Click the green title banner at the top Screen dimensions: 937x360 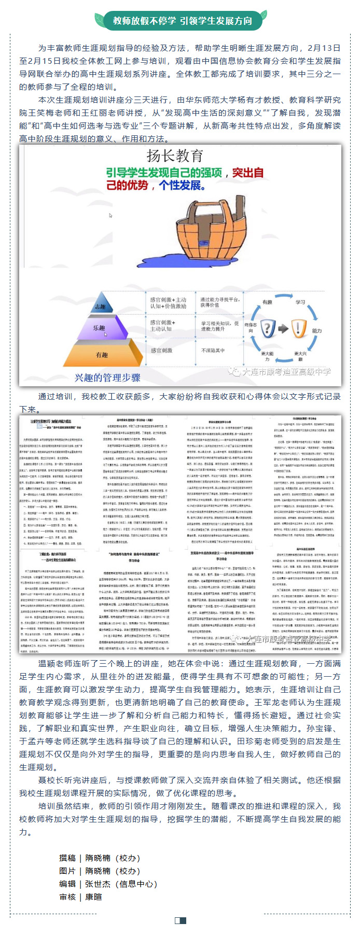point(182,21)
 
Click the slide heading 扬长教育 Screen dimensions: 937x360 point(175,156)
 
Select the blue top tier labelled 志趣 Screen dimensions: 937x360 point(100,306)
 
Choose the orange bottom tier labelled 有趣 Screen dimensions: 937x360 point(102,355)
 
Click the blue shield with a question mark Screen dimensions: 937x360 point(267,328)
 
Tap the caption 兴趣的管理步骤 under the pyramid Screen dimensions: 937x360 point(107,377)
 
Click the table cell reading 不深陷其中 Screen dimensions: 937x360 point(213,351)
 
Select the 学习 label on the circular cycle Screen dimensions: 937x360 point(300,302)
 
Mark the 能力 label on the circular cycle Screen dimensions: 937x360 point(316,330)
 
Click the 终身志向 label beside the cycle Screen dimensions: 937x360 point(250,328)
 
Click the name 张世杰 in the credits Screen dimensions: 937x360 point(98,884)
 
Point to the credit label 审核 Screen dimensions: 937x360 point(67,897)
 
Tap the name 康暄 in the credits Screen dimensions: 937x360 point(93,897)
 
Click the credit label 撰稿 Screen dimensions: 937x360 point(67,858)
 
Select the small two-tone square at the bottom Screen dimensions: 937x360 point(180,920)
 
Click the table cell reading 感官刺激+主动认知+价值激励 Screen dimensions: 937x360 point(169,303)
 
